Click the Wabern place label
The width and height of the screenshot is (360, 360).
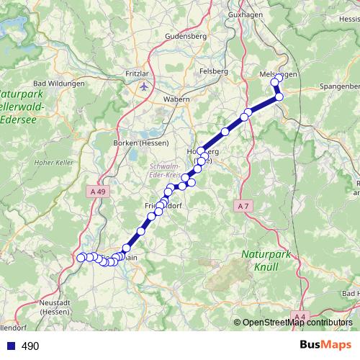[x=176, y=99]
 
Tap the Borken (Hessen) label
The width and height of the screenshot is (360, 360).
[x=137, y=143]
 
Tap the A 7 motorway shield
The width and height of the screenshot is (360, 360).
[x=243, y=206]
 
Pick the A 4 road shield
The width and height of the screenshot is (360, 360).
[x=300, y=315]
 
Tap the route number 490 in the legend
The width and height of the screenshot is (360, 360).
[x=30, y=346]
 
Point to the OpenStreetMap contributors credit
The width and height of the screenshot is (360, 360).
[x=297, y=323]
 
